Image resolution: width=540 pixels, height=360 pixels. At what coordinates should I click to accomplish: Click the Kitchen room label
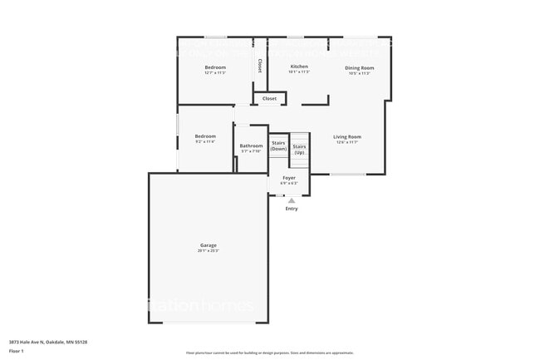(299, 67)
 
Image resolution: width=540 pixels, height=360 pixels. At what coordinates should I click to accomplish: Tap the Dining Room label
(359, 67)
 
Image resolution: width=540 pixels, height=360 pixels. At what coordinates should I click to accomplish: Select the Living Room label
(347, 136)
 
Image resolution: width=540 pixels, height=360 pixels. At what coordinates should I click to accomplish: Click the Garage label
(208, 245)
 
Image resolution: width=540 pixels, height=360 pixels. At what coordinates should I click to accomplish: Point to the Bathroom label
(251, 145)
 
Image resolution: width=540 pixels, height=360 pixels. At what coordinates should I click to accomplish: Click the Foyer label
(289, 178)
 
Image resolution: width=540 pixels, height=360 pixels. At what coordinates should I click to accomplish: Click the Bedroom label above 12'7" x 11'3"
(215, 67)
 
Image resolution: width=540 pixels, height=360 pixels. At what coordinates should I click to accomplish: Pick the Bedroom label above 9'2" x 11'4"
(205, 136)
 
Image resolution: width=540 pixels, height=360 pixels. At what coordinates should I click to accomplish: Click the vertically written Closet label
(259, 64)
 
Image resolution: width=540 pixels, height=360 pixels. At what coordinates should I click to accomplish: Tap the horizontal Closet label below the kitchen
(269, 99)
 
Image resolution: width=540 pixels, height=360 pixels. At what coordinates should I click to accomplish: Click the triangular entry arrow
(291, 200)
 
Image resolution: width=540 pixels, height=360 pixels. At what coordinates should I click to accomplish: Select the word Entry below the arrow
(291, 209)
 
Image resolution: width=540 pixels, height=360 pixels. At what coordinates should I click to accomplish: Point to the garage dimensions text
(208, 251)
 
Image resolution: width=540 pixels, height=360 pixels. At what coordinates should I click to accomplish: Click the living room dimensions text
(347, 142)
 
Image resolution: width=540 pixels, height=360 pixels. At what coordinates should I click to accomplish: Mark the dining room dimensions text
(359, 73)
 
